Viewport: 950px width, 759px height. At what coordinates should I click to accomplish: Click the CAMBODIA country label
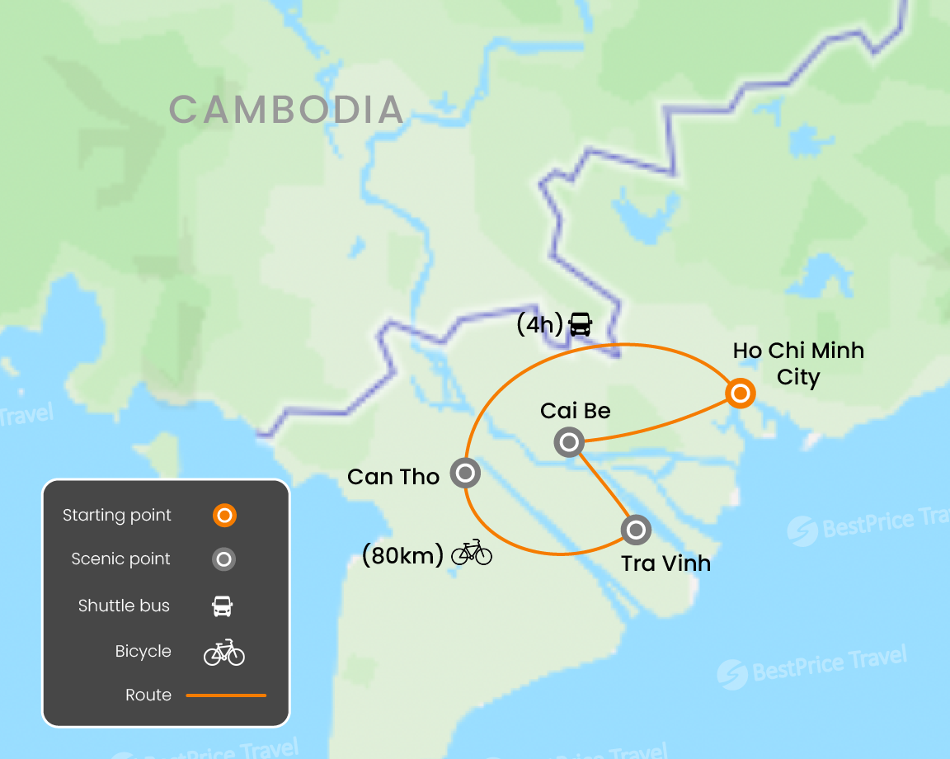[x=286, y=110]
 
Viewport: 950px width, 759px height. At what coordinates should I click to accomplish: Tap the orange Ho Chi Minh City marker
[x=741, y=394]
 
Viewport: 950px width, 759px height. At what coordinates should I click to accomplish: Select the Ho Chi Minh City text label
[x=797, y=364]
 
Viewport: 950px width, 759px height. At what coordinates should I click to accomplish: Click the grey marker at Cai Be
[x=568, y=443]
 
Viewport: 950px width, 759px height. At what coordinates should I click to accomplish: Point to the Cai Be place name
[x=575, y=410]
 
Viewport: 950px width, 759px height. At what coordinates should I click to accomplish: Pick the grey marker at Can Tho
[x=465, y=474]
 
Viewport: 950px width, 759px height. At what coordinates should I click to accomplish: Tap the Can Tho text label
[x=393, y=477]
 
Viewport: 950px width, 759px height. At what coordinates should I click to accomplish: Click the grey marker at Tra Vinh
[x=636, y=529]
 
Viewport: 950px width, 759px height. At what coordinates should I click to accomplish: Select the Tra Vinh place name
[x=665, y=563]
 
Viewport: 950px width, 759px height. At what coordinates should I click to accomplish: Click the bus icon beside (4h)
[x=581, y=324]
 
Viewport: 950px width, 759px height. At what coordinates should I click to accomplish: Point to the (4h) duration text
[x=539, y=325]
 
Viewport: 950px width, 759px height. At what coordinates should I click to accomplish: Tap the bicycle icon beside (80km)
[x=471, y=553]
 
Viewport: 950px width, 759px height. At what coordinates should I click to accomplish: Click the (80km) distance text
[x=402, y=555]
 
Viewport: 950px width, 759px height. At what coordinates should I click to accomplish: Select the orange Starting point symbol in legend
[x=223, y=516]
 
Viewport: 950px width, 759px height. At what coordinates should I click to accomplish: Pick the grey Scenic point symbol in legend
[x=223, y=559]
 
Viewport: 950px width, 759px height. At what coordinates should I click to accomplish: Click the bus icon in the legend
[x=223, y=606]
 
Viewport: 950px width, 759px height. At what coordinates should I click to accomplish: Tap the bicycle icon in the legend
[x=224, y=653]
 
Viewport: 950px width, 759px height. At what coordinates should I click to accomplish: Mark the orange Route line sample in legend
[x=226, y=695]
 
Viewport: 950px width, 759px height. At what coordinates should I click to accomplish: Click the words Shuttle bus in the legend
[x=124, y=606]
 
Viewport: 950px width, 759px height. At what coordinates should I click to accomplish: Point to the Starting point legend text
[x=117, y=516]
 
